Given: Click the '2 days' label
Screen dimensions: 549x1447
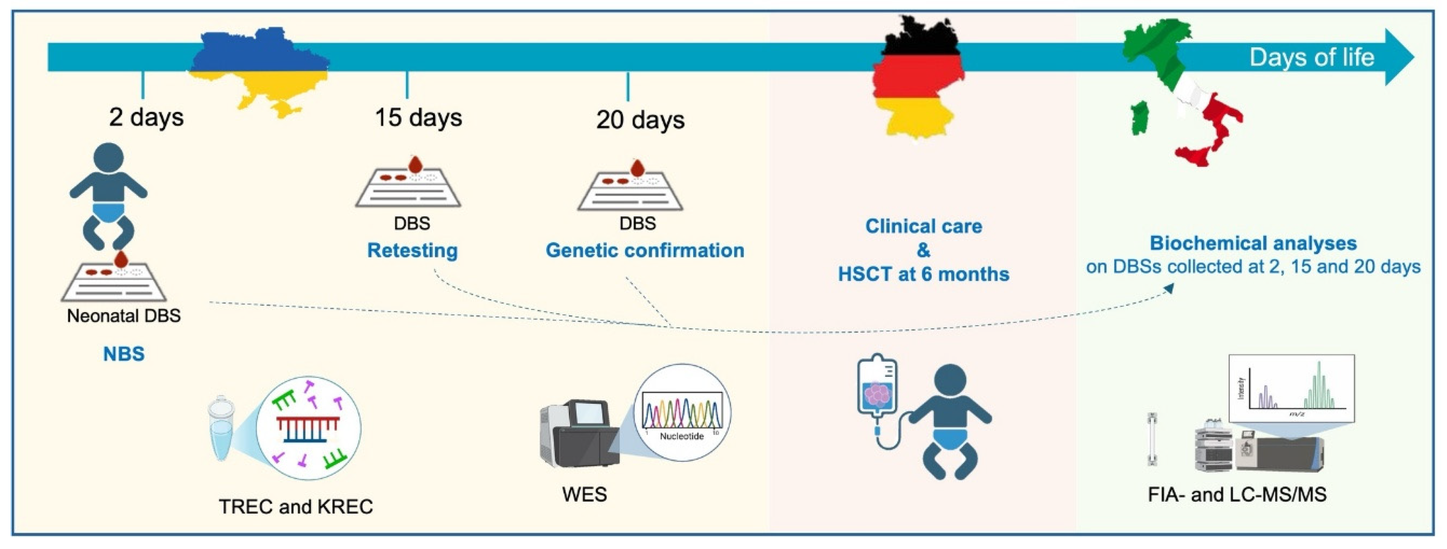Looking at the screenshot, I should click(x=146, y=117).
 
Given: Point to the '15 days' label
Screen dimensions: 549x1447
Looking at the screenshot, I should click(x=419, y=117).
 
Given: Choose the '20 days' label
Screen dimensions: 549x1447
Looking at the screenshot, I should click(x=640, y=120).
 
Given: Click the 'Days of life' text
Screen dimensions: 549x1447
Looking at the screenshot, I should click(x=1311, y=57).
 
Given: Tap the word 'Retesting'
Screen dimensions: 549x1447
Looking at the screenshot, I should click(x=412, y=250).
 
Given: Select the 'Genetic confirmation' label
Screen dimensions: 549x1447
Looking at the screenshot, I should click(x=645, y=250).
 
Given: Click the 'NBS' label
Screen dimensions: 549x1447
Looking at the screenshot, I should click(x=124, y=353).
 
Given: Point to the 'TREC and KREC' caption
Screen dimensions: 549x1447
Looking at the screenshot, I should click(x=296, y=506).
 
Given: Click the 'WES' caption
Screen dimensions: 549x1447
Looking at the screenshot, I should click(x=584, y=495).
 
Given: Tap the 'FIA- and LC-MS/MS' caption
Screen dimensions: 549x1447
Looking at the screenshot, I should click(x=1237, y=495).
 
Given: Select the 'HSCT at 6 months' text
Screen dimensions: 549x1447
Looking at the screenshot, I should click(x=923, y=274).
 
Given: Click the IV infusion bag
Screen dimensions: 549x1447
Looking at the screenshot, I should click(x=877, y=388).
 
